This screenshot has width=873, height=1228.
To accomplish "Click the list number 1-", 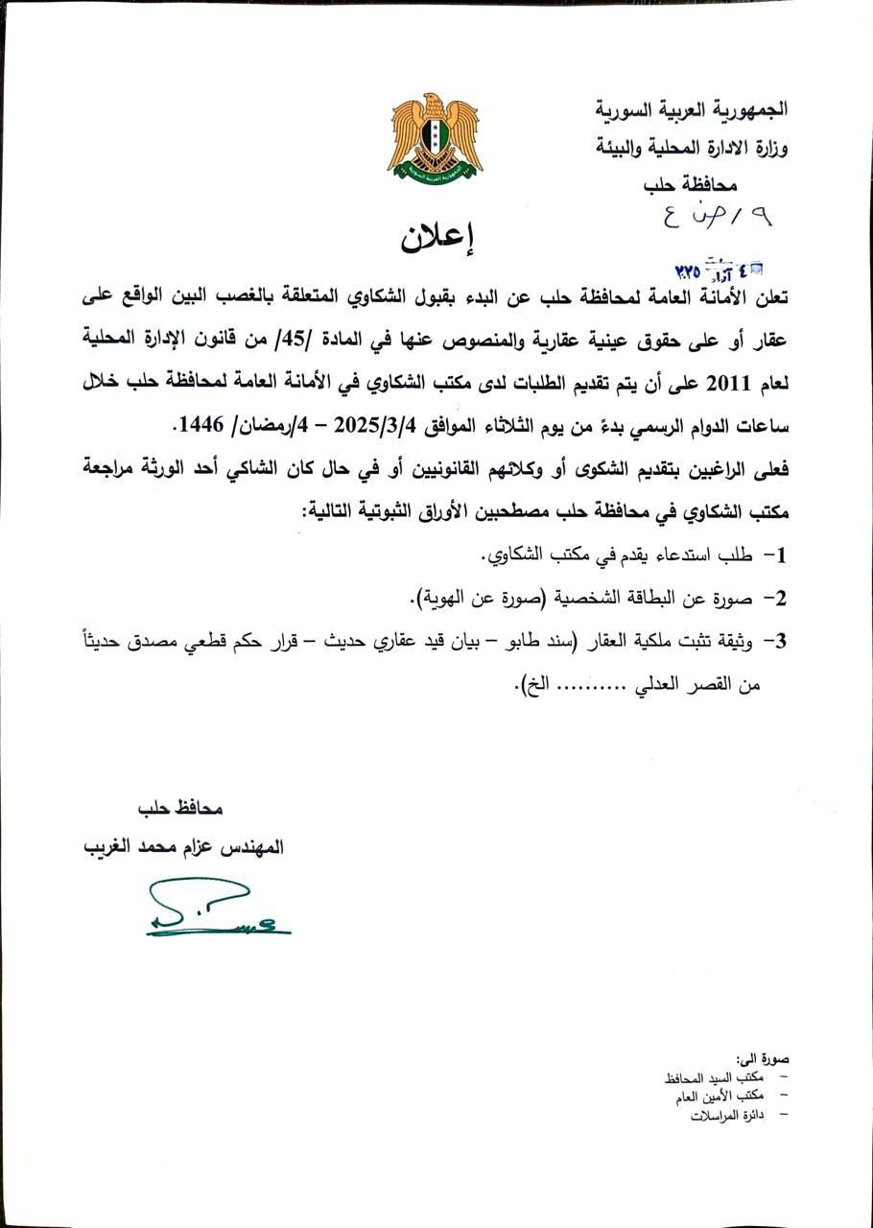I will coord(776,555).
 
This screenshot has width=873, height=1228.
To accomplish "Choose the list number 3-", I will coord(776,640).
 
